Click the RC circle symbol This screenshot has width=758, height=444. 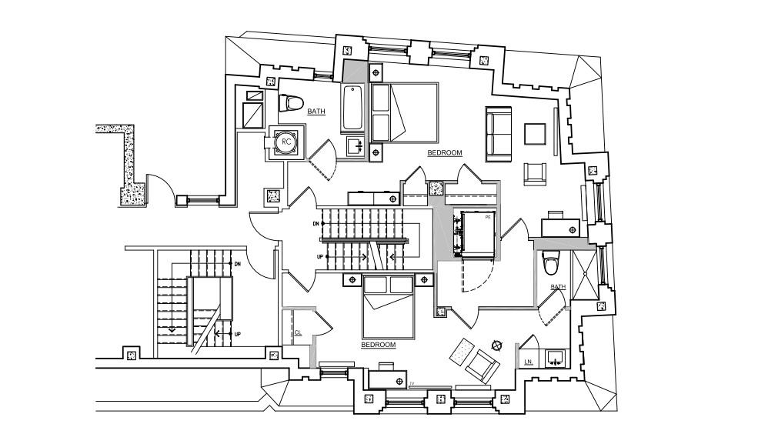point(286,142)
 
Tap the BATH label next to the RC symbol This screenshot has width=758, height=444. point(316,112)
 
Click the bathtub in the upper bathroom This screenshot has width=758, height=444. point(353,107)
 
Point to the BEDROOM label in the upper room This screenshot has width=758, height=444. point(445,153)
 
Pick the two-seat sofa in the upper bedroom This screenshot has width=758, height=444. point(499,134)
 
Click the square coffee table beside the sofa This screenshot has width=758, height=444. point(536,134)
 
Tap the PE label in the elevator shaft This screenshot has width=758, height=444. point(488,218)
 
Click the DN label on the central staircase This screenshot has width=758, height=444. point(316,224)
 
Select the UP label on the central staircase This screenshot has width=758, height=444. point(316,257)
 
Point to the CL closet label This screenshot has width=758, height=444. point(298,332)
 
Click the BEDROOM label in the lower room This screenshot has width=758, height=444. point(379,345)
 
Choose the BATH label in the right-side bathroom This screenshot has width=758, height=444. point(558,287)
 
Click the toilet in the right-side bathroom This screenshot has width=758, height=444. point(549,263)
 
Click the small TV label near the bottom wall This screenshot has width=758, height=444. point(412,383)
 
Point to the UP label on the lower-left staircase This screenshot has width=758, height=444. point(238,334)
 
